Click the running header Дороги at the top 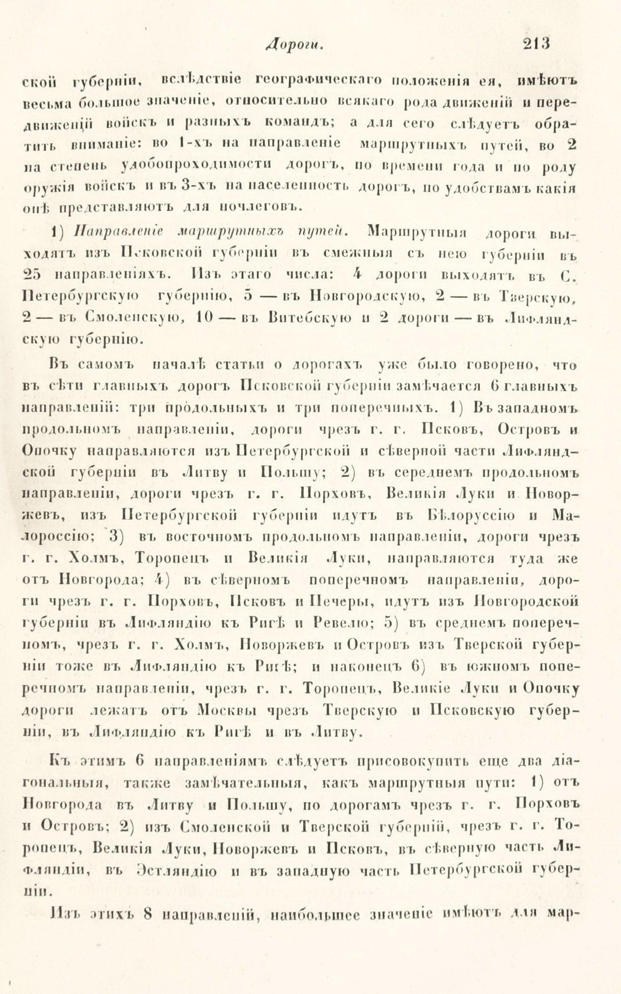(293, 46)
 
